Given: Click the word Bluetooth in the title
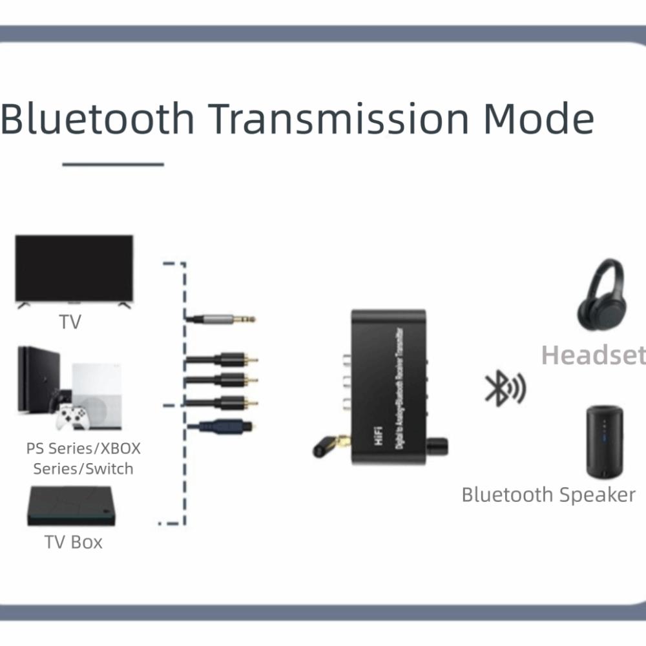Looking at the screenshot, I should (x=97, y=119).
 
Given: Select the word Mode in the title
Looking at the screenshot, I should (x=539, y=119).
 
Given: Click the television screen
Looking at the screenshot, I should (x=74, y=267).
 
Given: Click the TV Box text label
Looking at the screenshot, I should (x=74, y=541).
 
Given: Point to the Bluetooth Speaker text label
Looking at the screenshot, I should (x=548, y=494).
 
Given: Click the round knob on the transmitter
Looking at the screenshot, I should (x=437, y=446).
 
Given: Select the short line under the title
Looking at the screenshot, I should (x=113, y=165).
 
